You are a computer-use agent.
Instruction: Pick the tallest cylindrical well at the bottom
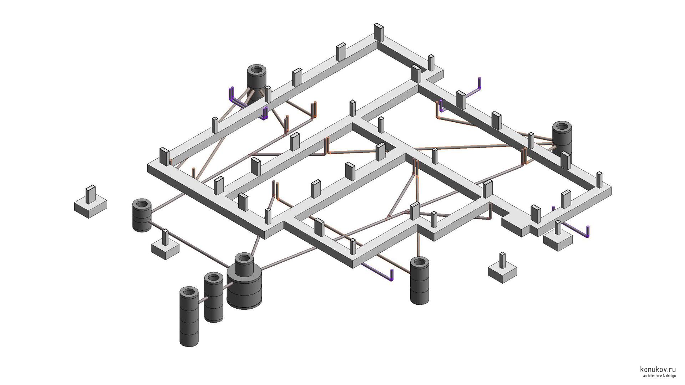189,317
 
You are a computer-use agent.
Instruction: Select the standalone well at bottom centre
420,281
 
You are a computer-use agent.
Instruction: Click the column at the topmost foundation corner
378,33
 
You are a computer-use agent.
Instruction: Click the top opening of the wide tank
244,258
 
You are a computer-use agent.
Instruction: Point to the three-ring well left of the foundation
142,215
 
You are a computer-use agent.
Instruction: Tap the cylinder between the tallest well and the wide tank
214,298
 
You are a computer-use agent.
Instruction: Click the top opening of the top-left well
257,70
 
